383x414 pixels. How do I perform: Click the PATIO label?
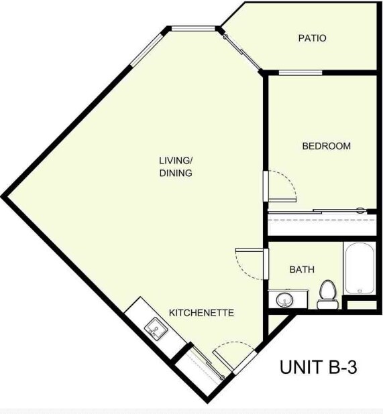coord(312,38)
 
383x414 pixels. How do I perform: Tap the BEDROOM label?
coord(326,146)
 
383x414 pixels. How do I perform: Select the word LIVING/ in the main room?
coord(176,160)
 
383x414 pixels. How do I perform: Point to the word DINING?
coord(176,173)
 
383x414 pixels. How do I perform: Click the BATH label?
coord(302,269)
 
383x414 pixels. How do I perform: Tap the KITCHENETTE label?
coord(201,313)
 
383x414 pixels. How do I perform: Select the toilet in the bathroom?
coord(327,293)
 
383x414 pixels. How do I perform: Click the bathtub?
coord(360,268)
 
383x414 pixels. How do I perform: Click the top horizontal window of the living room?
coord(194,28)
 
